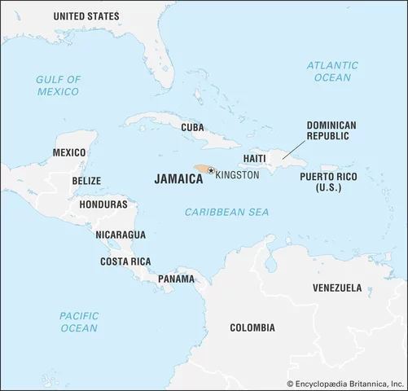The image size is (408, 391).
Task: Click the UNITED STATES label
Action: pyautogui.click(x=86, y=16)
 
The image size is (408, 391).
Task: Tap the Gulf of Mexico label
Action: pyautogui.click(x=58, y=86)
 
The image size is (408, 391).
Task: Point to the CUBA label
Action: pyautogui.click(x=192, y=128)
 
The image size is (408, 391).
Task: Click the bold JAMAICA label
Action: pyautogui.click(x=178, y=179)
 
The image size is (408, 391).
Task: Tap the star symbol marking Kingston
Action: pyautogui.click(x=211, y=170)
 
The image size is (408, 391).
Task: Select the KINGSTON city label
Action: pyautogui.click(x=237, y=175)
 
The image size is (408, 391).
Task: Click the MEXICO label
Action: pyautogui.click(x=68, y=153)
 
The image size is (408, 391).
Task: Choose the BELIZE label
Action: pyautogui.click(x=86, y=180)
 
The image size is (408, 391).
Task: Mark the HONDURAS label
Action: pyautogui.click(x=103, y=204)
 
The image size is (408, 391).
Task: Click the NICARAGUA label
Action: pyautogui.click(x=121, y=235)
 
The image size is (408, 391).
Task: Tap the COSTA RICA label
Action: pyautogui.click(x=125, y=261)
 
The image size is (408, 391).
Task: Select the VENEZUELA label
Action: pyautogui.click(x=337, y=288)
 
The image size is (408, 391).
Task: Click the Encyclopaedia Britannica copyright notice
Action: pyautogui.click(x=346, y=382)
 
